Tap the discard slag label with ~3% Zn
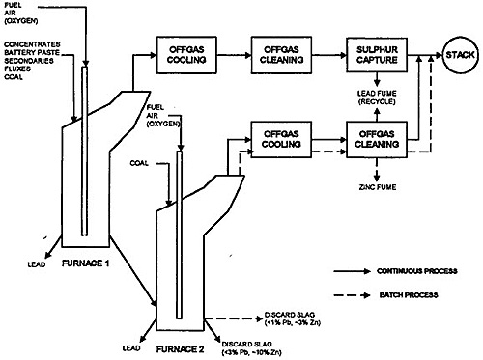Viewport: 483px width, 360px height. [x=288, y=318]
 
